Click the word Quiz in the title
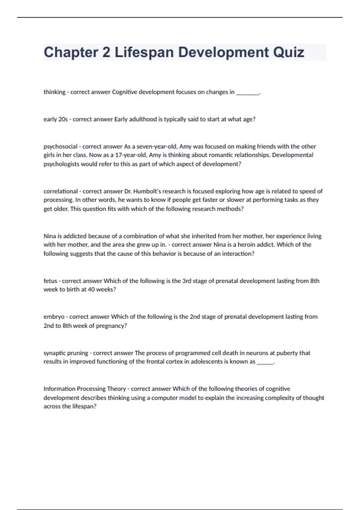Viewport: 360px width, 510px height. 289,52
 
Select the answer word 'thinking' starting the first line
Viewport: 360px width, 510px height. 54,92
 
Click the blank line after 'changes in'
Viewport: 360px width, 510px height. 248,93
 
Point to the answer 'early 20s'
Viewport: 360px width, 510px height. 55,119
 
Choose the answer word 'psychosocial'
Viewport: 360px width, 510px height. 60,147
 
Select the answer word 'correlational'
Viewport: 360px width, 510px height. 61,191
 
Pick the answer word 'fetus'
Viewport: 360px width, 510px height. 50,281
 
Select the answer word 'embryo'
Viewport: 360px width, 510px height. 54,317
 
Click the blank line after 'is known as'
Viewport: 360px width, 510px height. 265,362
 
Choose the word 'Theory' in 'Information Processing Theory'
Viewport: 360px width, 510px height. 116,389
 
